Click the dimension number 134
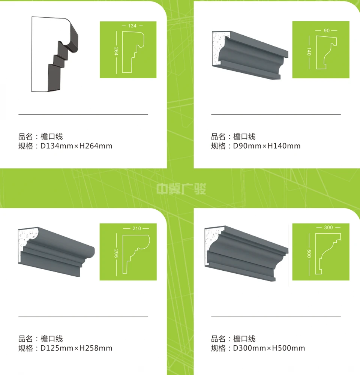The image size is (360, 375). point(132,25)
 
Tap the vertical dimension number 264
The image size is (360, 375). point(116,51)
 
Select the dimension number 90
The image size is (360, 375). point(327,31)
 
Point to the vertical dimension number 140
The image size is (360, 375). point(309,52)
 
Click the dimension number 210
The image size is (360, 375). point(136,228)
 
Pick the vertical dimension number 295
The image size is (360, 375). point(116,253)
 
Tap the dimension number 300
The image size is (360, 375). point(328,228)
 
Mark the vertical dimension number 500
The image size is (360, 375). point(309,253)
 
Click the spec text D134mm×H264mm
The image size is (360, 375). point(76,146)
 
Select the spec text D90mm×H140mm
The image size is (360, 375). point(267,146)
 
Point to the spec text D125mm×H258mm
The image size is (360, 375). point(76,348)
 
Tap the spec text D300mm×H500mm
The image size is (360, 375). point(269,348)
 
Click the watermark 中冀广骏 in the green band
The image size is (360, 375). point(181,189)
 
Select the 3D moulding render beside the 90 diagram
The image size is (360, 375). point(250,55)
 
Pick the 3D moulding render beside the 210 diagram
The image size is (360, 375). point(57,252)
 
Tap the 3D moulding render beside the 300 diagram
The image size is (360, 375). point(246,253)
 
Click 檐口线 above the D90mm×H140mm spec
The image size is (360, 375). point(244,136)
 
